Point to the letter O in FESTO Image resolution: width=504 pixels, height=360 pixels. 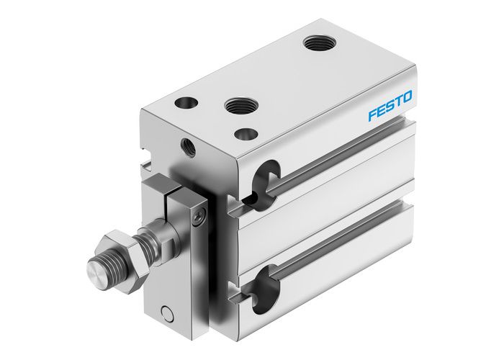point(408,96)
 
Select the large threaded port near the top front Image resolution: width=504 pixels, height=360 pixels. point(237,106)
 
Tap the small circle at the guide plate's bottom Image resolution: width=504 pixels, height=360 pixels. point(168,312)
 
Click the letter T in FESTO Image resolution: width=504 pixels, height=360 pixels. point(399,101)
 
